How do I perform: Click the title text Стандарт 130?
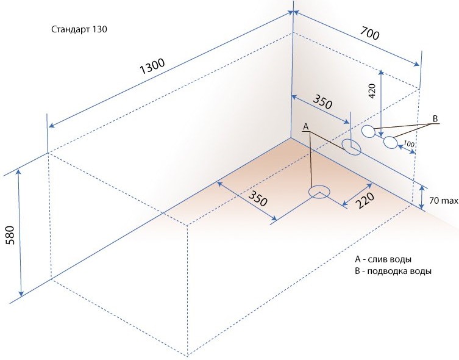point(79,29)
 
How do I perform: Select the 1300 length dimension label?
point(152,67)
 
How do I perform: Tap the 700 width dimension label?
point(369,33)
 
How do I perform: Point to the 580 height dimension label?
point(10,235)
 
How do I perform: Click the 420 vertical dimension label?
point(371,91)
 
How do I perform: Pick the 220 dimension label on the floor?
point(365,200)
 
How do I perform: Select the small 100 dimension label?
point(408,144)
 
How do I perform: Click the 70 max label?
point(444,201)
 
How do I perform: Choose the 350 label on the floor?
point(258,198)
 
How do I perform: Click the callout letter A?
point(306,127)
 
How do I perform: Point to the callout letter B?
point(435,118)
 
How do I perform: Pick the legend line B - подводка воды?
point(393,272)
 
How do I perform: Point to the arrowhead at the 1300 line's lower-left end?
point(51,126)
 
